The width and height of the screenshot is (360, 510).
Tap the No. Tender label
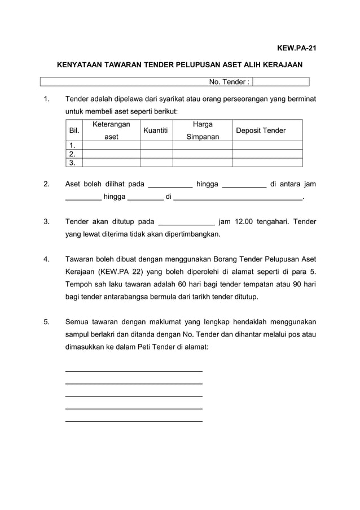229,82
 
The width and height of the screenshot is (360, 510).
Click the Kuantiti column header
156,130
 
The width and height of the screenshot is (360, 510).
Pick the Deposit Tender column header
261,130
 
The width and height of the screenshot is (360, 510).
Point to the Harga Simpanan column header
203,130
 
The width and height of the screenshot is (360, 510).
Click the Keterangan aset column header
111,130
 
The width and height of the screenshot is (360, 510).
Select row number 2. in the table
72,154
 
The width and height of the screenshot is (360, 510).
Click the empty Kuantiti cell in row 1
156,146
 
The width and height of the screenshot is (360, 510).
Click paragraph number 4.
46,259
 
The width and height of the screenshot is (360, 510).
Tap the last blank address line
134,421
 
